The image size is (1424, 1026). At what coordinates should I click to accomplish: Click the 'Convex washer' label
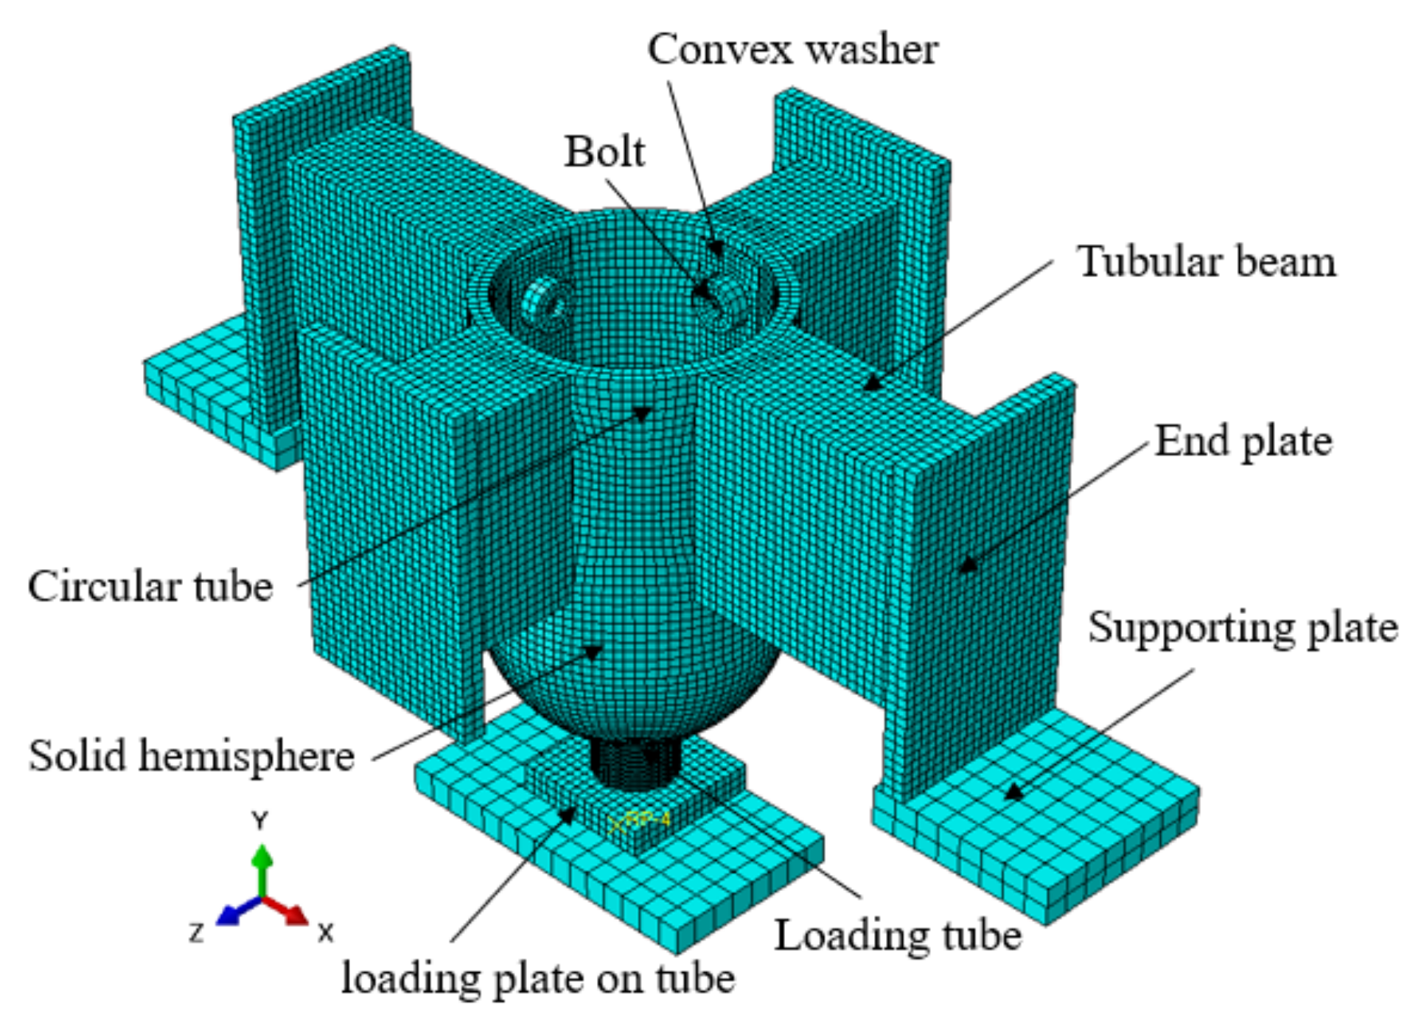point(792,50)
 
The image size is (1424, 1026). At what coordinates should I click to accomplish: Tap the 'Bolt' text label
point(604,152)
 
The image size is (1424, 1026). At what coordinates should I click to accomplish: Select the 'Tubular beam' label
point(1207,262)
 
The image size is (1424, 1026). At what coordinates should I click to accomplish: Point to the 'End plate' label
point(1243,442)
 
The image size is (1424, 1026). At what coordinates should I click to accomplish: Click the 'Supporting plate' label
point(1243,628)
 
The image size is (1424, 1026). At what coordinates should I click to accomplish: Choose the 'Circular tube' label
point(150,587)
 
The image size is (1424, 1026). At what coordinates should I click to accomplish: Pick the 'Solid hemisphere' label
point(192,756)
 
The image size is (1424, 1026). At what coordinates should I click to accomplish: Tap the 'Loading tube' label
point(898,936)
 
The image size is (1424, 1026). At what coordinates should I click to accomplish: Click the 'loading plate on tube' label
point(538,980)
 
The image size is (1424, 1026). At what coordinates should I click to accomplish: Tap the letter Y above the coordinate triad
point(259,820)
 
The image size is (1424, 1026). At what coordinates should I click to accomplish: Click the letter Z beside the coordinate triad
point(196,933)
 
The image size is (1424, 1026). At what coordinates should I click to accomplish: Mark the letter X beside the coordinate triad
point(326,933)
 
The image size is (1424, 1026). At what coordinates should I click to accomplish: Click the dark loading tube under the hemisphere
point(632,763)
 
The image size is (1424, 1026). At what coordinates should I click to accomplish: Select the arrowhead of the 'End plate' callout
point(968,566)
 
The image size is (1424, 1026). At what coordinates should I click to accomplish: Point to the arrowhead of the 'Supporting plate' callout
point(1015,792)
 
